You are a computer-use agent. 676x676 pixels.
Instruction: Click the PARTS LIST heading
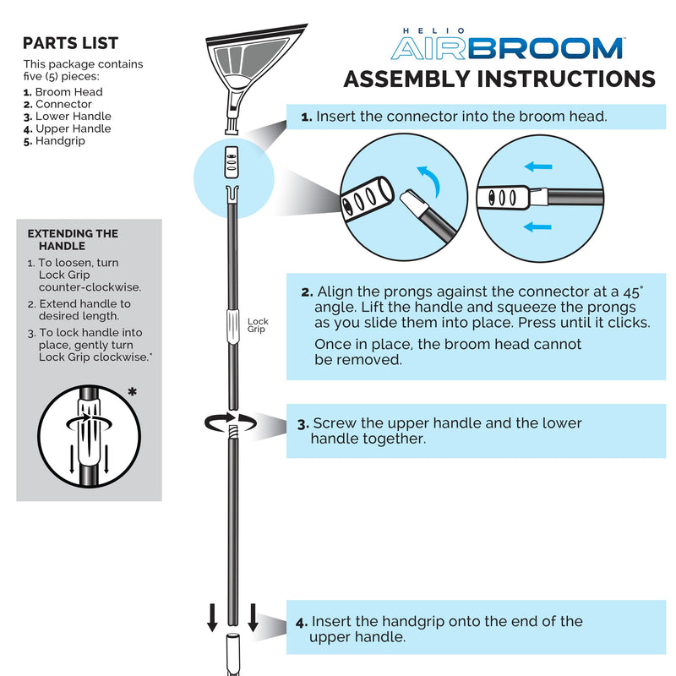[x=70, y=43]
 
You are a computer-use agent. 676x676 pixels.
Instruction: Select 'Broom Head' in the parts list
[x=68, y=92]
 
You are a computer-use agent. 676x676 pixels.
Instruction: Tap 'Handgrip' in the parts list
[x=61, y=141]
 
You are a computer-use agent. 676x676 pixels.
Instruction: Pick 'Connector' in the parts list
[x=63, y=104]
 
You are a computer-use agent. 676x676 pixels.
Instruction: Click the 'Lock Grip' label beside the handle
[x=258, y=325]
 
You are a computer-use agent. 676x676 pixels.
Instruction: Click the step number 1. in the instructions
[x=307, y=117]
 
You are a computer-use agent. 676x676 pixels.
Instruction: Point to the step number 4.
[x=302, y=622]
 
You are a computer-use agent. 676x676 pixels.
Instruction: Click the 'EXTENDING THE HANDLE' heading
[x=73, y=239]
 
